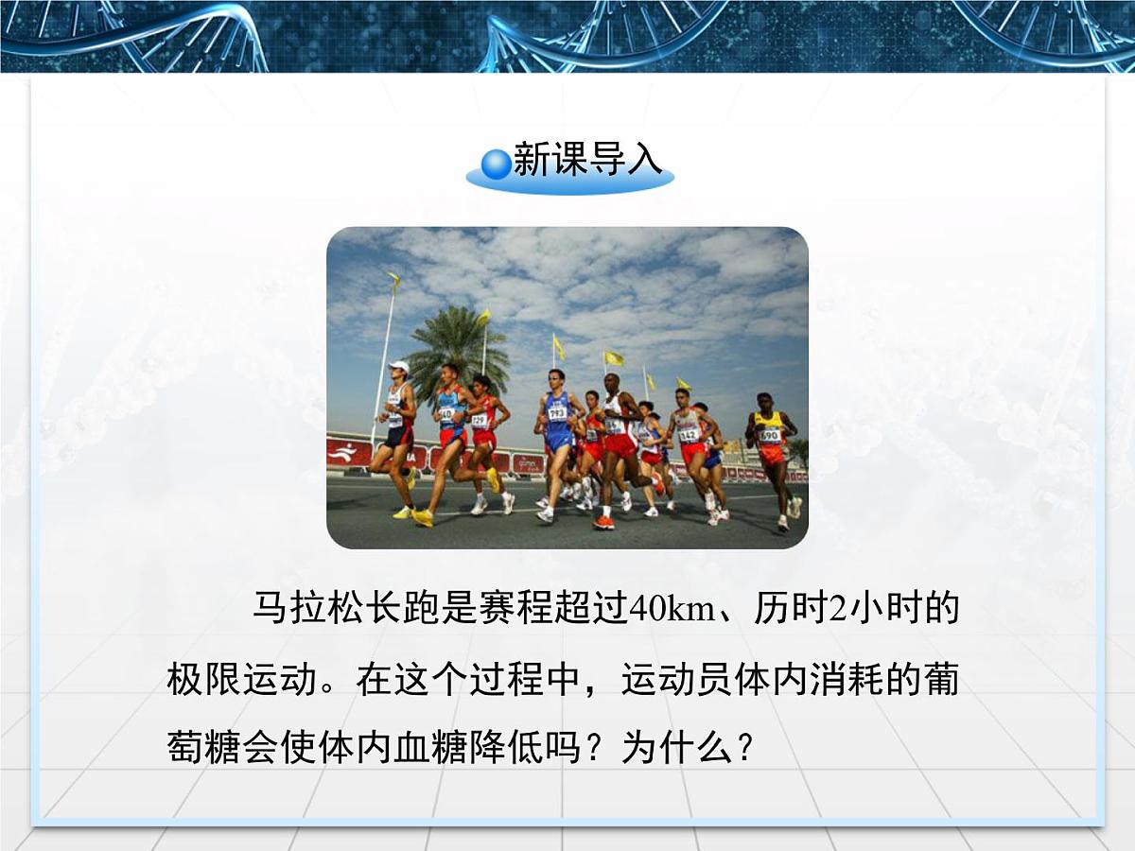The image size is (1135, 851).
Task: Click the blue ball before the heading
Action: [x=496, y=164]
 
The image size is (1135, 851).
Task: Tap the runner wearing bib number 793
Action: [x=558, y=430]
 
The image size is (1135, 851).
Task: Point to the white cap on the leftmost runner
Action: [x=399, y=367]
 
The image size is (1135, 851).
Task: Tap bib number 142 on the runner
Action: [x=689, y=435]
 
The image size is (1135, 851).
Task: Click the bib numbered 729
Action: [x=480, y=420]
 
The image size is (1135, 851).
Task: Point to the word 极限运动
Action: [x=240, y=680]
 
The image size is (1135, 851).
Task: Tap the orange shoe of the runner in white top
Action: [x=603, y=522]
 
